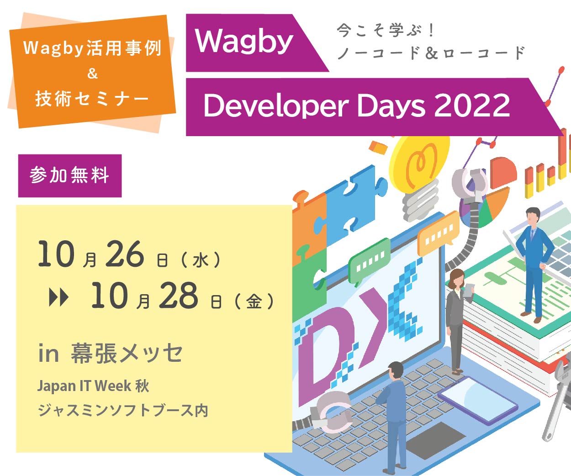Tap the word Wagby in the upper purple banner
coord(244,42)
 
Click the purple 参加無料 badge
coord(70,175)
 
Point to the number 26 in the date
coord(125,254)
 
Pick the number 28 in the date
coord(178,296)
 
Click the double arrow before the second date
coord(58,298)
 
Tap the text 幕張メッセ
coord(127,353)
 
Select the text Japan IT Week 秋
coord(93,386)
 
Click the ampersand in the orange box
coord(92,74)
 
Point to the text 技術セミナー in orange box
coord(92,99)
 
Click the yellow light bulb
coord(418,175)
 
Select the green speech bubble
coord(370,261)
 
